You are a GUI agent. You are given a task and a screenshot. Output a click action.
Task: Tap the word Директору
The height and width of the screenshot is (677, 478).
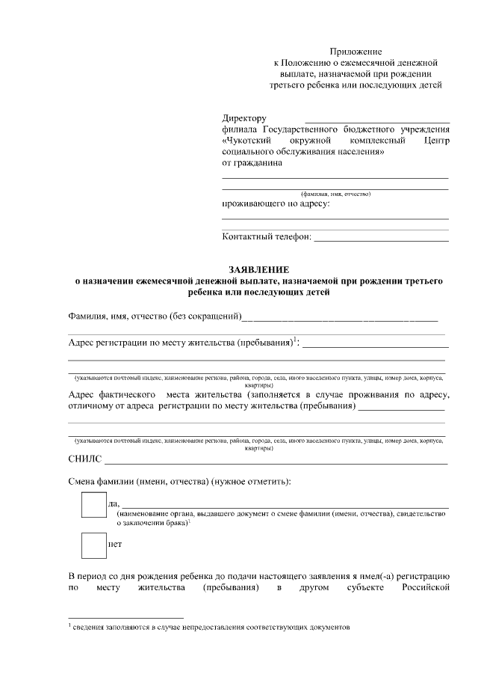click(244, 118)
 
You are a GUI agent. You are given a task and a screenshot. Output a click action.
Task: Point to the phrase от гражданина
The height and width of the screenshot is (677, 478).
click(252, 162)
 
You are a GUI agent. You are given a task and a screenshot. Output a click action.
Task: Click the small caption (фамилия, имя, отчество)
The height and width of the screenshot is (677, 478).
click(335, 194)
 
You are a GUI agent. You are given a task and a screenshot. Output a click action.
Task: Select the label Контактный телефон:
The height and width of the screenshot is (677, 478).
click(267, 237)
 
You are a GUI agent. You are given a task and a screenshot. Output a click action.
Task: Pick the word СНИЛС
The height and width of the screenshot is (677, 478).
click(84, 459)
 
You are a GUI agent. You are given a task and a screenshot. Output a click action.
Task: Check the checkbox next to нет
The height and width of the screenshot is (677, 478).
click(94, 545)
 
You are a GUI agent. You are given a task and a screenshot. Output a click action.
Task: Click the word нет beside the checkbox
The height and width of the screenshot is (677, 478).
click(115, 545)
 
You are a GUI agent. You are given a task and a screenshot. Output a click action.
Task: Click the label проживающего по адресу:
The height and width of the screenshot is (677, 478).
click(276, 203)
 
